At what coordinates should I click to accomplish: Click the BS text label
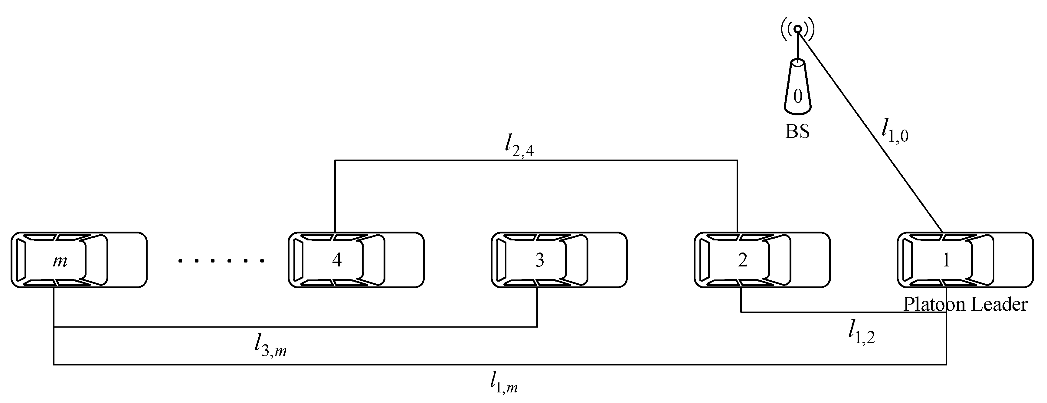(x=797, y=131)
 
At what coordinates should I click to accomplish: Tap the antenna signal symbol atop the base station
(x=798, y=29)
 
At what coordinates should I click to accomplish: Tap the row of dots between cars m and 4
(x=221, y=261)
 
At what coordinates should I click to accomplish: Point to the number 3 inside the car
(x=539, y=260)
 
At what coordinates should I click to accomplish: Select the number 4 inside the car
(x=336, y=260)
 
